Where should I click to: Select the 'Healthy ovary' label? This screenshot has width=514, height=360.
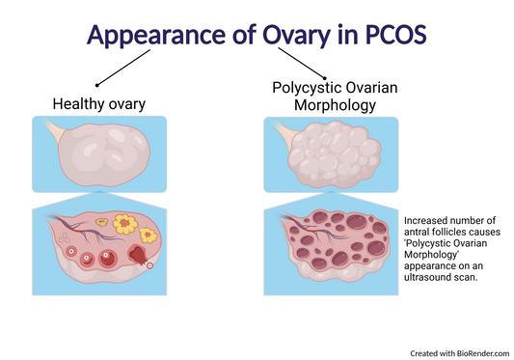[x=98, y=103]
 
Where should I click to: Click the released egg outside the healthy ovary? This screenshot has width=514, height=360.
[x=149, y=263]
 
